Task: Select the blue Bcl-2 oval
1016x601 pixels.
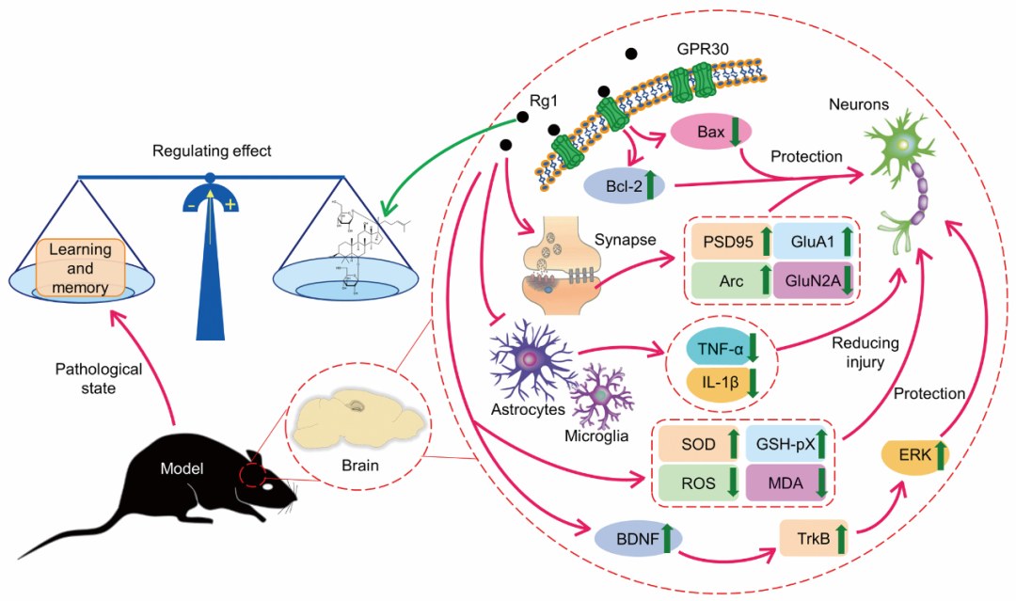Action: (623, 185)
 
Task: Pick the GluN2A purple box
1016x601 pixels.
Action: (815, 281)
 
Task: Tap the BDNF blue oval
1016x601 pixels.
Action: (638, 540)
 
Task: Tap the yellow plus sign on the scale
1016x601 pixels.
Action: (230, 205)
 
